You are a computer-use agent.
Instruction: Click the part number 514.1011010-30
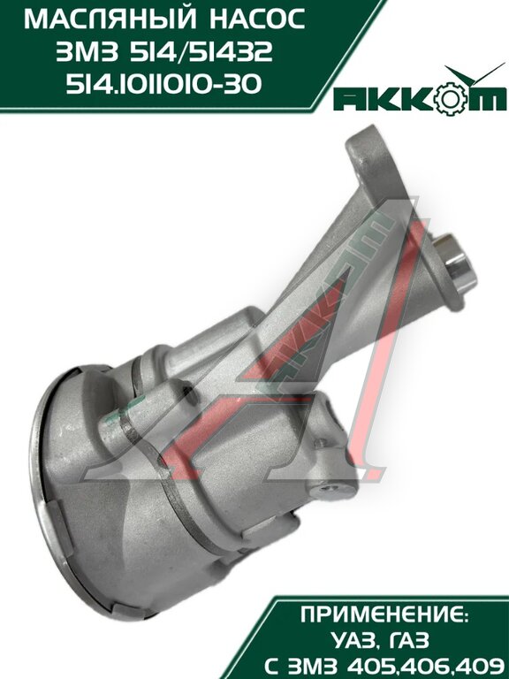pyautogui.click(x=164, y=84)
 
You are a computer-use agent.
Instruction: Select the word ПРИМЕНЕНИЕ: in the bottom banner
pyautogui.click(x=384, y=615)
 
